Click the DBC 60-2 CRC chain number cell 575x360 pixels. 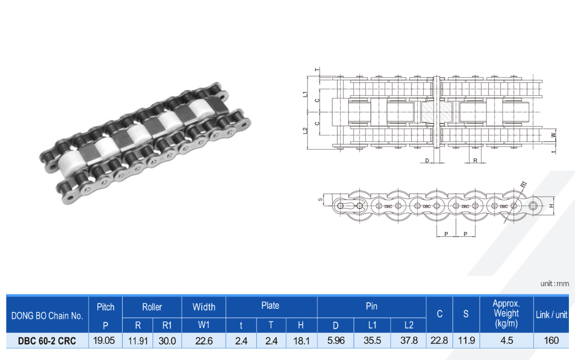click(47, 341)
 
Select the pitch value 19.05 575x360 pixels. click(104, 341)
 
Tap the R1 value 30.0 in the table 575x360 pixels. click(167, 341)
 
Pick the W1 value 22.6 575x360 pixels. click(204, 341)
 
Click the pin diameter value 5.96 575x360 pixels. click(336, 341)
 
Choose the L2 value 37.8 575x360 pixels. click(409, 341)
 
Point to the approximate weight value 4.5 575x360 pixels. click(506, 341)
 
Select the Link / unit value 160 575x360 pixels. click(551, 341)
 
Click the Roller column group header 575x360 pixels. click(152, 307)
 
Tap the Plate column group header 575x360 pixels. click(270, 306)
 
